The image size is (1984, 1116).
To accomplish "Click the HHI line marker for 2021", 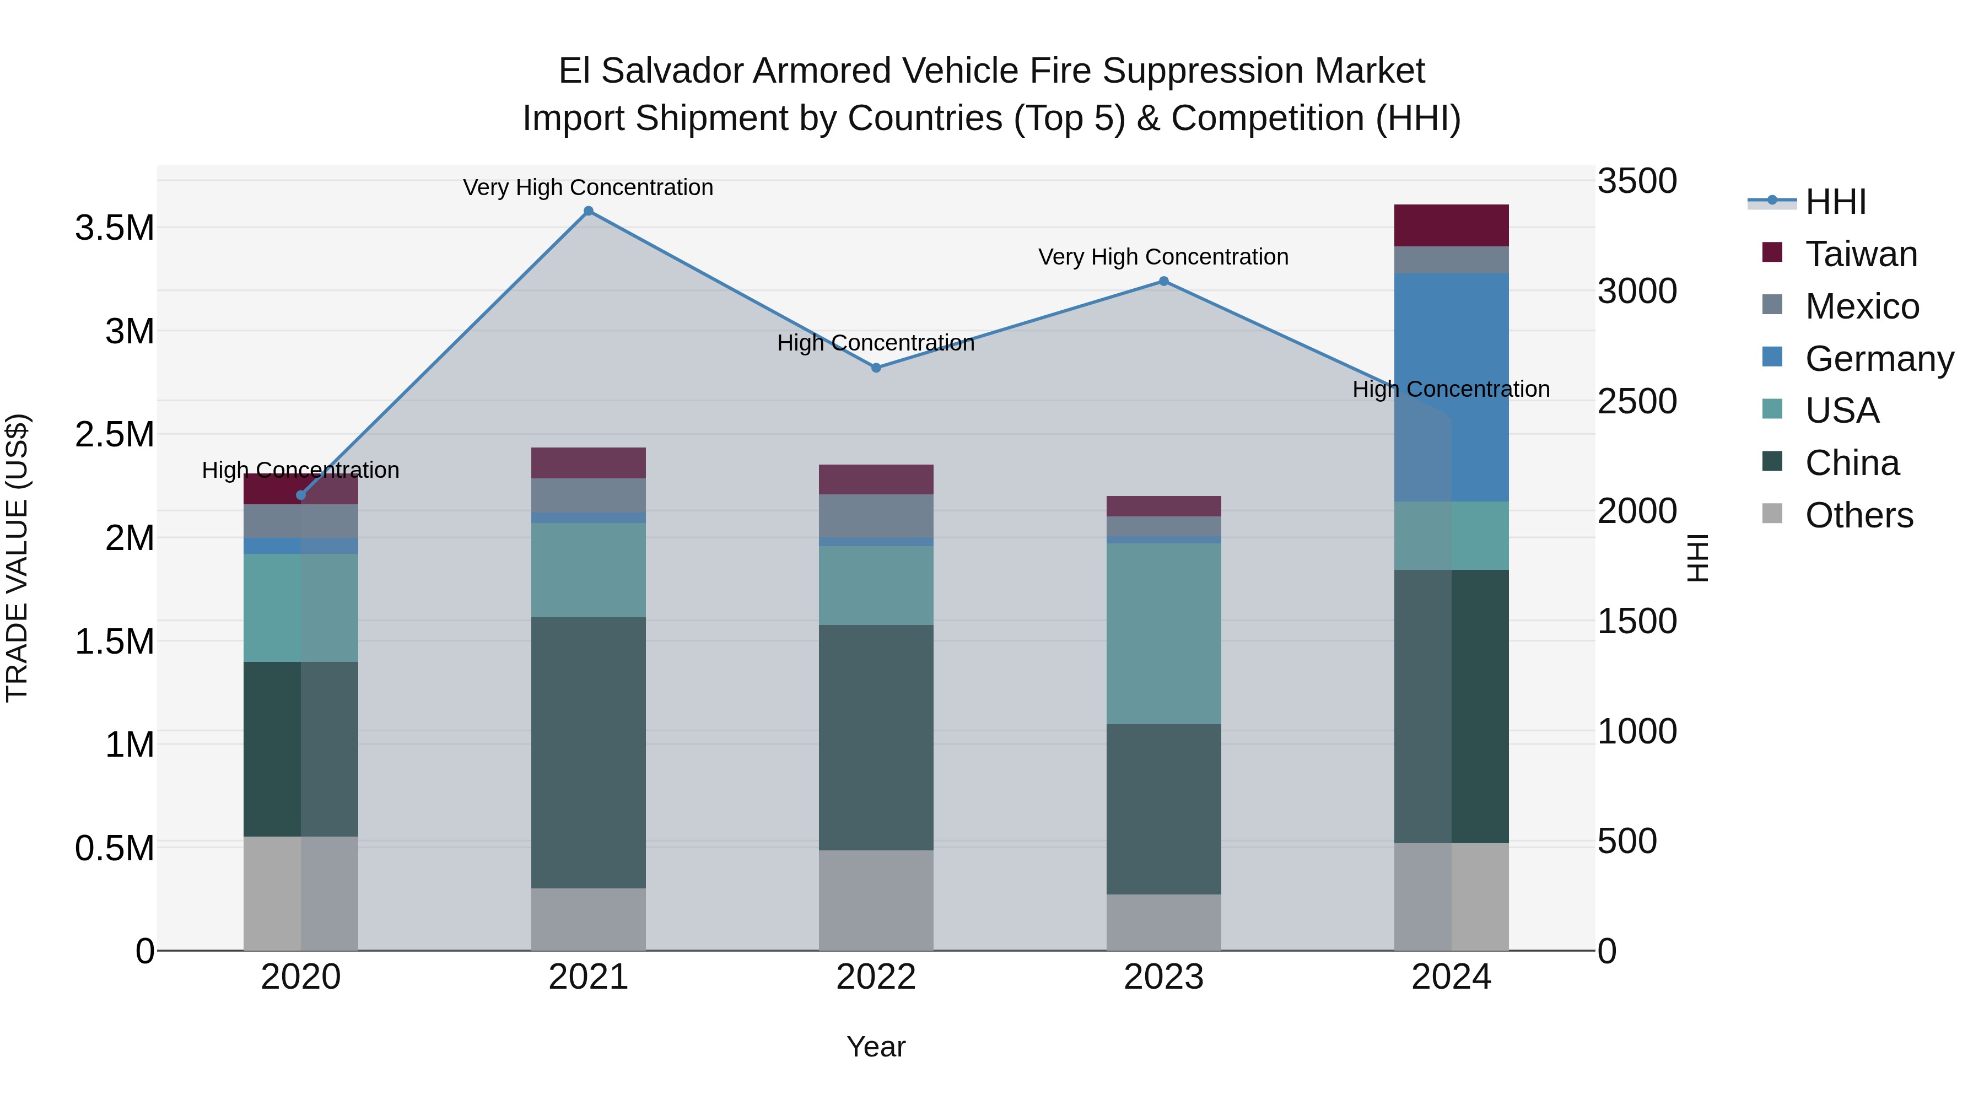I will pyautogui.click(x=589, y=211).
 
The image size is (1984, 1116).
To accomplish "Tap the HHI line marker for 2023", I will pyautogui.click(x=1164, y=282).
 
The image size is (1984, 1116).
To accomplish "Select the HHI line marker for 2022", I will pyautogui.click(x=876, y=368).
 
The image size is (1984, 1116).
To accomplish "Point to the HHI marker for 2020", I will pyautogui.click(x=301, y=495).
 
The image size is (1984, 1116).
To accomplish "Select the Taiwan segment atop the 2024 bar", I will pyautogui.click(x=1451, y=225).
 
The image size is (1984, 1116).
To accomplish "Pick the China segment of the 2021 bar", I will pyautogui.click(x=589, y=752).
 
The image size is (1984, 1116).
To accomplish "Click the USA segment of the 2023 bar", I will pyautogui.click(x=1164, y=634).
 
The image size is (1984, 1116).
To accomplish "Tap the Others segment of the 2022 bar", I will pyautogui.click(x=876, y=901).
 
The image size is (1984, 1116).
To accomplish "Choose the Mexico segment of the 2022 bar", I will pyautogui.click(x=876, y=515).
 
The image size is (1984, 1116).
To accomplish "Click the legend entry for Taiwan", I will pyautogui.click(x=1861, y=254).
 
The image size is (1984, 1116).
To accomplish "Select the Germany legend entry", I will pyautogui.click(x=1879, y=359).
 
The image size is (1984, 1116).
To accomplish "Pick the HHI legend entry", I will pyautogui.click(x=1835, y=202).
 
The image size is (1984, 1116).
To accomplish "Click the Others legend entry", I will pyautogui.click(x=1858, y=515).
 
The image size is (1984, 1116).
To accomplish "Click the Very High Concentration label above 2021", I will pyautogui.click(x=589, y=187).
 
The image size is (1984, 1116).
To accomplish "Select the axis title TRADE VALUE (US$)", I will pyautogui.click(x=17, y=558).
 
